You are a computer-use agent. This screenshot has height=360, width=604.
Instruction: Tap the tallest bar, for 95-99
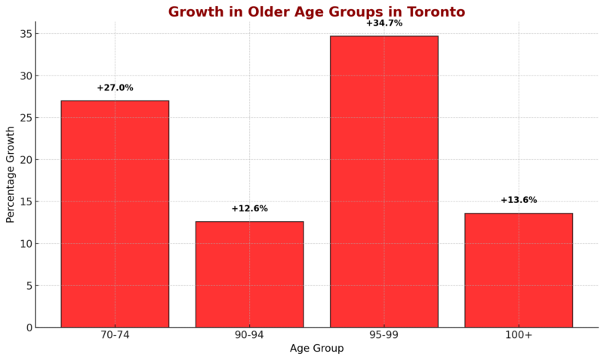pos(384,181)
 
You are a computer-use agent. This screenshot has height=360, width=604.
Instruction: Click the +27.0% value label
pos(115,88)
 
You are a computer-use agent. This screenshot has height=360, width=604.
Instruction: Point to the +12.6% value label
pos(249,208)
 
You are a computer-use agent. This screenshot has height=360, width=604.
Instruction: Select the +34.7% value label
pos(384,23)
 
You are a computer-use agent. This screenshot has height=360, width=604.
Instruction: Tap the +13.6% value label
pos(519,200)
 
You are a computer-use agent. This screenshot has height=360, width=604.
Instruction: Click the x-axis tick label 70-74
pos(115,335)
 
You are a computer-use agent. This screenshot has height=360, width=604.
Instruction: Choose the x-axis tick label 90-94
pos(249,335)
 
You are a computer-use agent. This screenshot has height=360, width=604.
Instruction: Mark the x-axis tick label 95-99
pos(384,335)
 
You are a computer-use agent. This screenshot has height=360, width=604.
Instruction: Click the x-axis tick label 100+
pos(519,335)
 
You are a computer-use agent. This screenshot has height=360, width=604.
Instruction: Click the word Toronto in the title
pos(433,12)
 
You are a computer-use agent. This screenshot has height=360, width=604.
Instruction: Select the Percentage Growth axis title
pos(11,174)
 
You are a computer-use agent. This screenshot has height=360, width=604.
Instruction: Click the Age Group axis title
pos(316,349)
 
